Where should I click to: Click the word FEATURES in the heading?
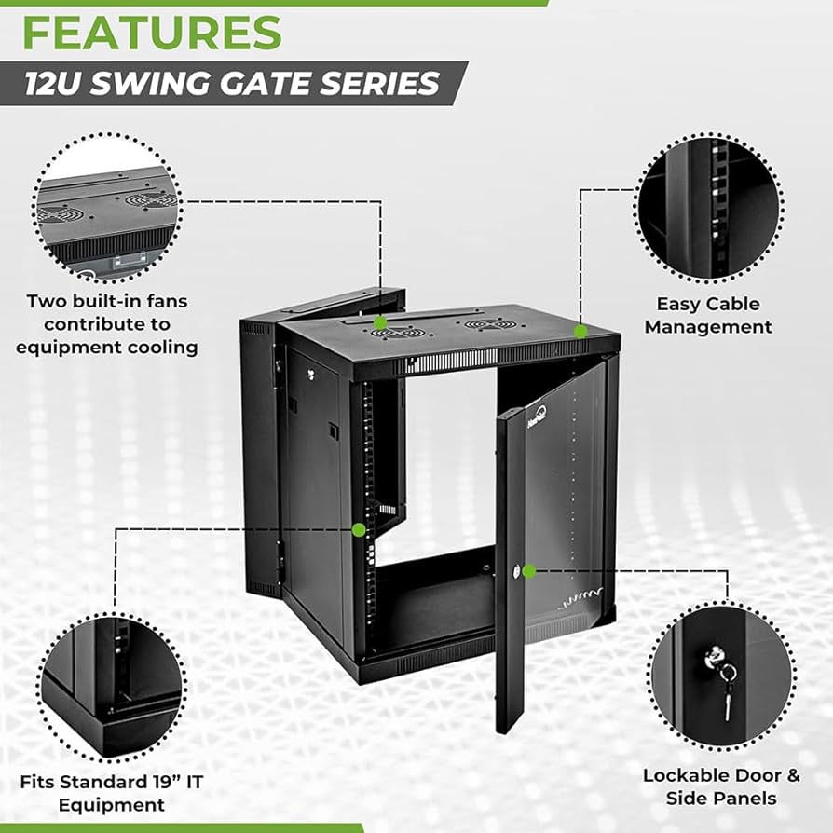pyautogui.click(x=152, y=33)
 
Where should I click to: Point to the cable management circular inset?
pyautogui.click(x=710, y=207)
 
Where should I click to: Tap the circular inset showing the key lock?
pyautogui.click(x=722, y=676)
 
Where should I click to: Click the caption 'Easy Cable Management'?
pyautogui.click(x=708, y=315)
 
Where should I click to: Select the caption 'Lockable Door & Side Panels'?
pyautogui.click(x=720, y=786)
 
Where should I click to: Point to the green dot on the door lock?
pyautogui.click(x=529, y=570)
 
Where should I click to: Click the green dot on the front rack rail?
pyautogui.click(x=359, y=529)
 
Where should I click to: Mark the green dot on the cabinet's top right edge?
pyautogui.click(x=580, y=331)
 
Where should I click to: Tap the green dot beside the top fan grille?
pyautogui.click(x=380, y=322)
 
